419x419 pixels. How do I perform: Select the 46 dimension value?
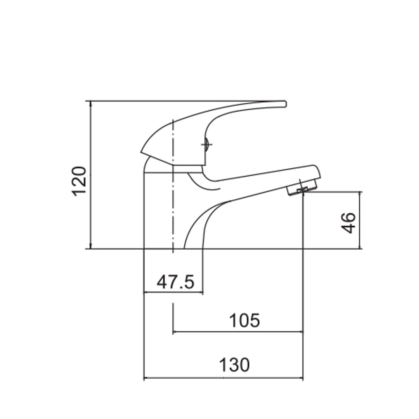click(348, 223)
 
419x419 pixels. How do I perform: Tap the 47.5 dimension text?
click(175, 282)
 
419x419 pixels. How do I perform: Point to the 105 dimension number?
click(245, 320)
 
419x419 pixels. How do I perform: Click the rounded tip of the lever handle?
click(285, 104)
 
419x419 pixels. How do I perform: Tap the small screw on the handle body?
click(207, 145)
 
